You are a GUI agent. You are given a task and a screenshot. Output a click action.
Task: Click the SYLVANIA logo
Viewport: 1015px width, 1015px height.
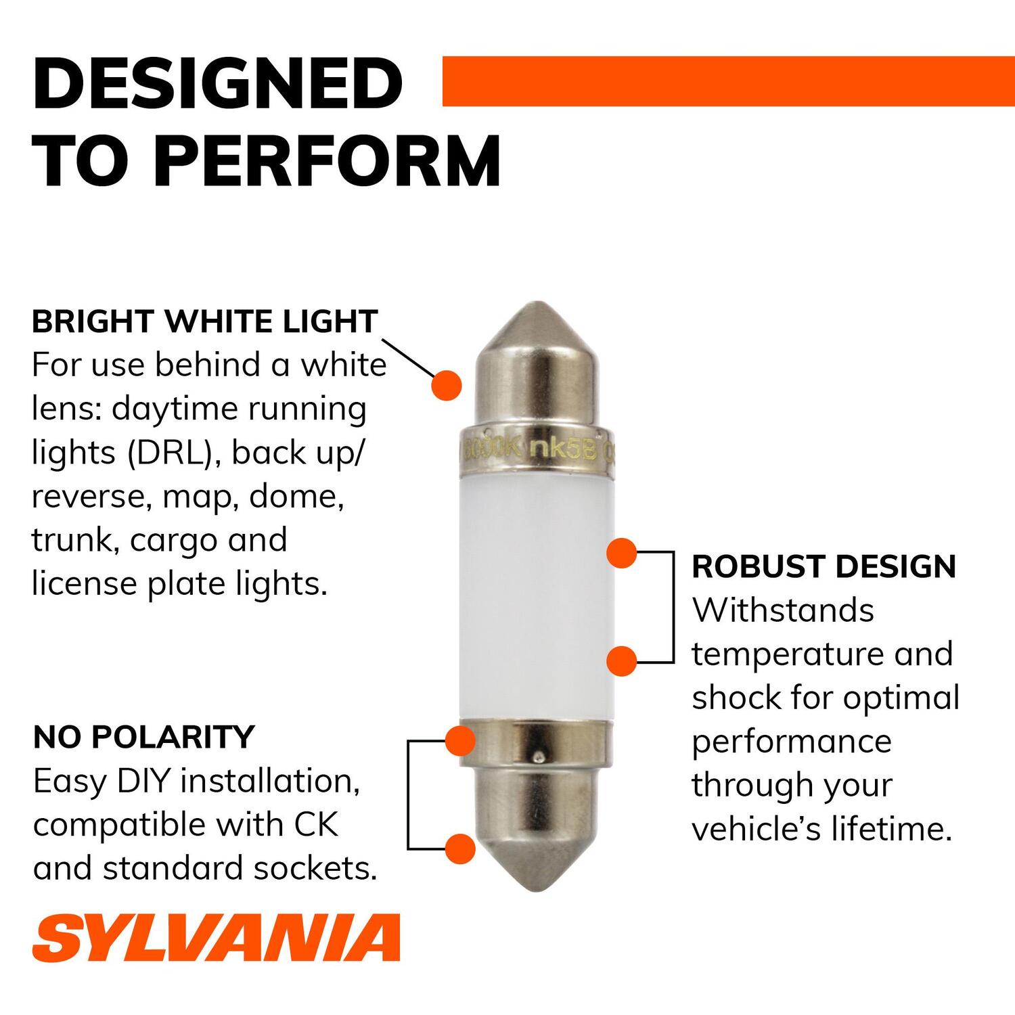pos(216,937)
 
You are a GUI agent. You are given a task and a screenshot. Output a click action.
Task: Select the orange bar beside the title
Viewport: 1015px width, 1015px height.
pos(727,81)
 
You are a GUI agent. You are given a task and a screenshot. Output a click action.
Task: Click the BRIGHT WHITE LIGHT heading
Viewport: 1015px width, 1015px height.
pos(204,321)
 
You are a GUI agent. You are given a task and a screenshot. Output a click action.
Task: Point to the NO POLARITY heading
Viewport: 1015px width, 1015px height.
pos(143,737)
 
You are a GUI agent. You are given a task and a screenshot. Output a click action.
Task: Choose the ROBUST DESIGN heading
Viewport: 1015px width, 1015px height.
pos(824,566)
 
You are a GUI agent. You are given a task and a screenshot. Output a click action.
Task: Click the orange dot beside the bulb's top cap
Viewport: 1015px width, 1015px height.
pos(447,385)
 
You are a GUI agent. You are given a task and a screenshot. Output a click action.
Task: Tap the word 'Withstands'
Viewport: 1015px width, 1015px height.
pos(783,610)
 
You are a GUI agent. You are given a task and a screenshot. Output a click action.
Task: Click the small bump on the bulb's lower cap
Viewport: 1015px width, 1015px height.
pos(538,756)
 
